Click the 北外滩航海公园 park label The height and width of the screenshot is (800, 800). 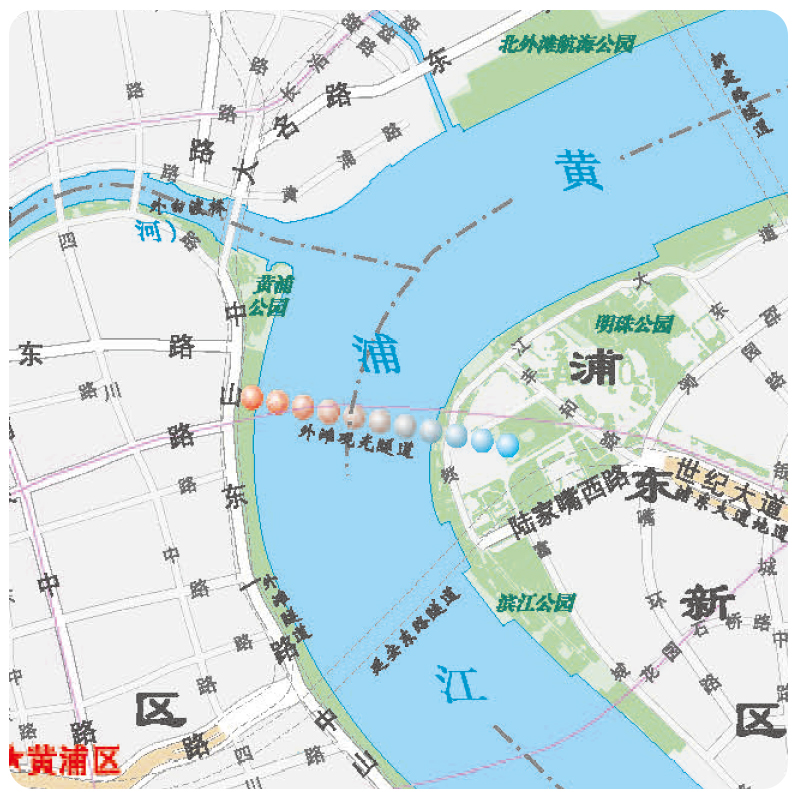coord(567,43)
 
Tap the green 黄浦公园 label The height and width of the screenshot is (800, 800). coord(270,296)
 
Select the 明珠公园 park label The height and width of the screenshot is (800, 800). coord(634,324)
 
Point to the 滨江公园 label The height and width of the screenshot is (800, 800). coord(537,603)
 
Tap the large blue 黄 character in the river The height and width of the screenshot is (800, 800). coord(581,170)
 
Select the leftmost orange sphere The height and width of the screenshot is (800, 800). coord(252,397)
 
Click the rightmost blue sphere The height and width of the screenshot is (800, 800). coord(508,444)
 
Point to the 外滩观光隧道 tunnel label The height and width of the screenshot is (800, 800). coord(356,441)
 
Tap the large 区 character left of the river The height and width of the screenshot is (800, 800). coord(161,709)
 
